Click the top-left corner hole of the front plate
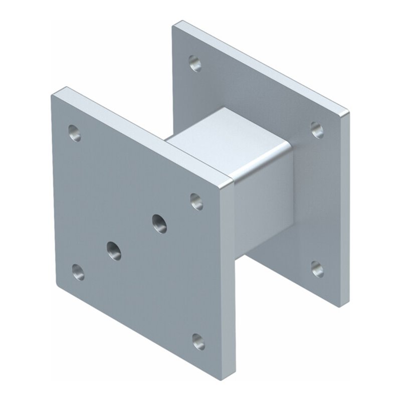click(75, 133)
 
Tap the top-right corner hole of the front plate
click(196, 202)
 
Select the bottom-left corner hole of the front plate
click(78, 272)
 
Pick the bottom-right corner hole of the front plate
click(198, 341)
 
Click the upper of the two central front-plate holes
click(159, 224)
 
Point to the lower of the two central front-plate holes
click(114, 250)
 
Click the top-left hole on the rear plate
click(195, 63)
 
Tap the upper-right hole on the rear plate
click(317, 130)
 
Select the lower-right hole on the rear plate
click(317, 269)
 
